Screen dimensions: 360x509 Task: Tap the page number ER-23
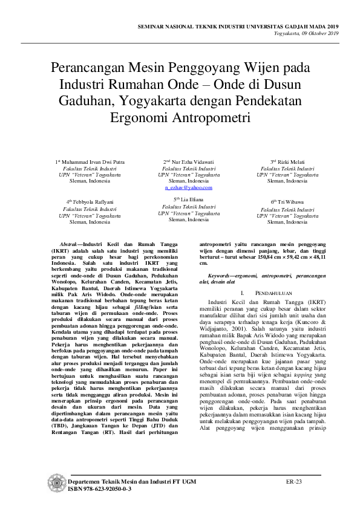pyautogui.click(x=294, y=481)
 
